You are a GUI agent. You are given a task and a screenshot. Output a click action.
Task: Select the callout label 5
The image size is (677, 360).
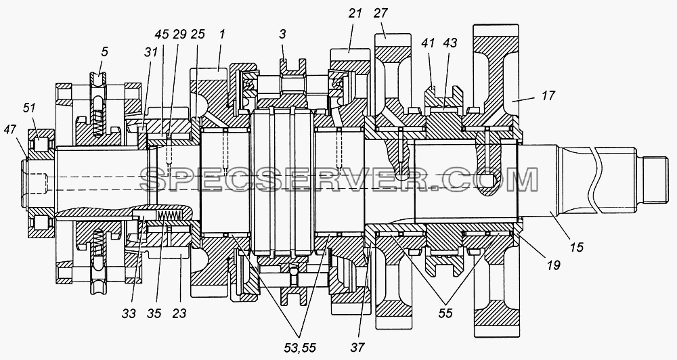[104, 52]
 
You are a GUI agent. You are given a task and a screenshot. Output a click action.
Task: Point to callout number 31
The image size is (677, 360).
[150, 52]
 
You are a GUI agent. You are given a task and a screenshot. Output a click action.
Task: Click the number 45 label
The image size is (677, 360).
[162, 35]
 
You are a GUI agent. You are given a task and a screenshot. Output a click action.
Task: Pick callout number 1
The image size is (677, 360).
[222, 35]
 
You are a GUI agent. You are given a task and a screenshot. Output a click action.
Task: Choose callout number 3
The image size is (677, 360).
[282, 35]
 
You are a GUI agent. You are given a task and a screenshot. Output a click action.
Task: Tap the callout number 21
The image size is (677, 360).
[355, 14]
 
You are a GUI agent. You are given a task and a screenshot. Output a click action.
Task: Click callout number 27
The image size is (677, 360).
[381, 14]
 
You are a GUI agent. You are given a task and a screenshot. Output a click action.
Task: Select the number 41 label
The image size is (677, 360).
[427, 43]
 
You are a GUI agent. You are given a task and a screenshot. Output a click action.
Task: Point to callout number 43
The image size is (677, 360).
[450, 43]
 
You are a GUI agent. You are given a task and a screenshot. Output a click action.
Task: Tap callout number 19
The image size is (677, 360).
[554, 265]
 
